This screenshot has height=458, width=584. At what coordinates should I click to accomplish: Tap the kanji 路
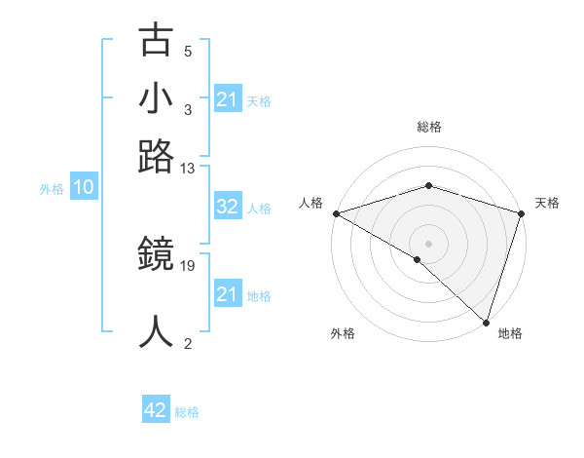pos(157,157)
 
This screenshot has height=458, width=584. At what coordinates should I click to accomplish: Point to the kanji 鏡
pos(157,256)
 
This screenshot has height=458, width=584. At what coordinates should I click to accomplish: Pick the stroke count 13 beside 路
pos(188,169)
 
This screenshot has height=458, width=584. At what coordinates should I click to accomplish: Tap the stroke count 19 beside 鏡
pos(188,265)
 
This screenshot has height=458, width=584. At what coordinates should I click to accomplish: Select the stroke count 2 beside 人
pos(188,343)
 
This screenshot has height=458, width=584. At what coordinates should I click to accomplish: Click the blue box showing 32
pos(227,207)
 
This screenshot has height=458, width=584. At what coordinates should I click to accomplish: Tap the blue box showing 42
pos(156,411)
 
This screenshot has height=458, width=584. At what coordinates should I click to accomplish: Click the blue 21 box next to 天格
pos(227,99)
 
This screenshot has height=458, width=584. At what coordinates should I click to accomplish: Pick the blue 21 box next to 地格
pos(227,294)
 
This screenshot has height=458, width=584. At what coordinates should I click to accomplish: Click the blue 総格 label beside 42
pos(187,412)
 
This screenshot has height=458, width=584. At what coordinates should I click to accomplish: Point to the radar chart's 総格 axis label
pos(429,127)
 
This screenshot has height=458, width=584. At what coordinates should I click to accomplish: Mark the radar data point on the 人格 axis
pos(336,213)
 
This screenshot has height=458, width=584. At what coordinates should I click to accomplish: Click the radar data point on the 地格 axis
pos(486,322)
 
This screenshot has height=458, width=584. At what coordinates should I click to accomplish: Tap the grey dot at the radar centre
pos(428,243)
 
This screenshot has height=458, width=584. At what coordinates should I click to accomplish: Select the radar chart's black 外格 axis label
pos(343,334)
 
